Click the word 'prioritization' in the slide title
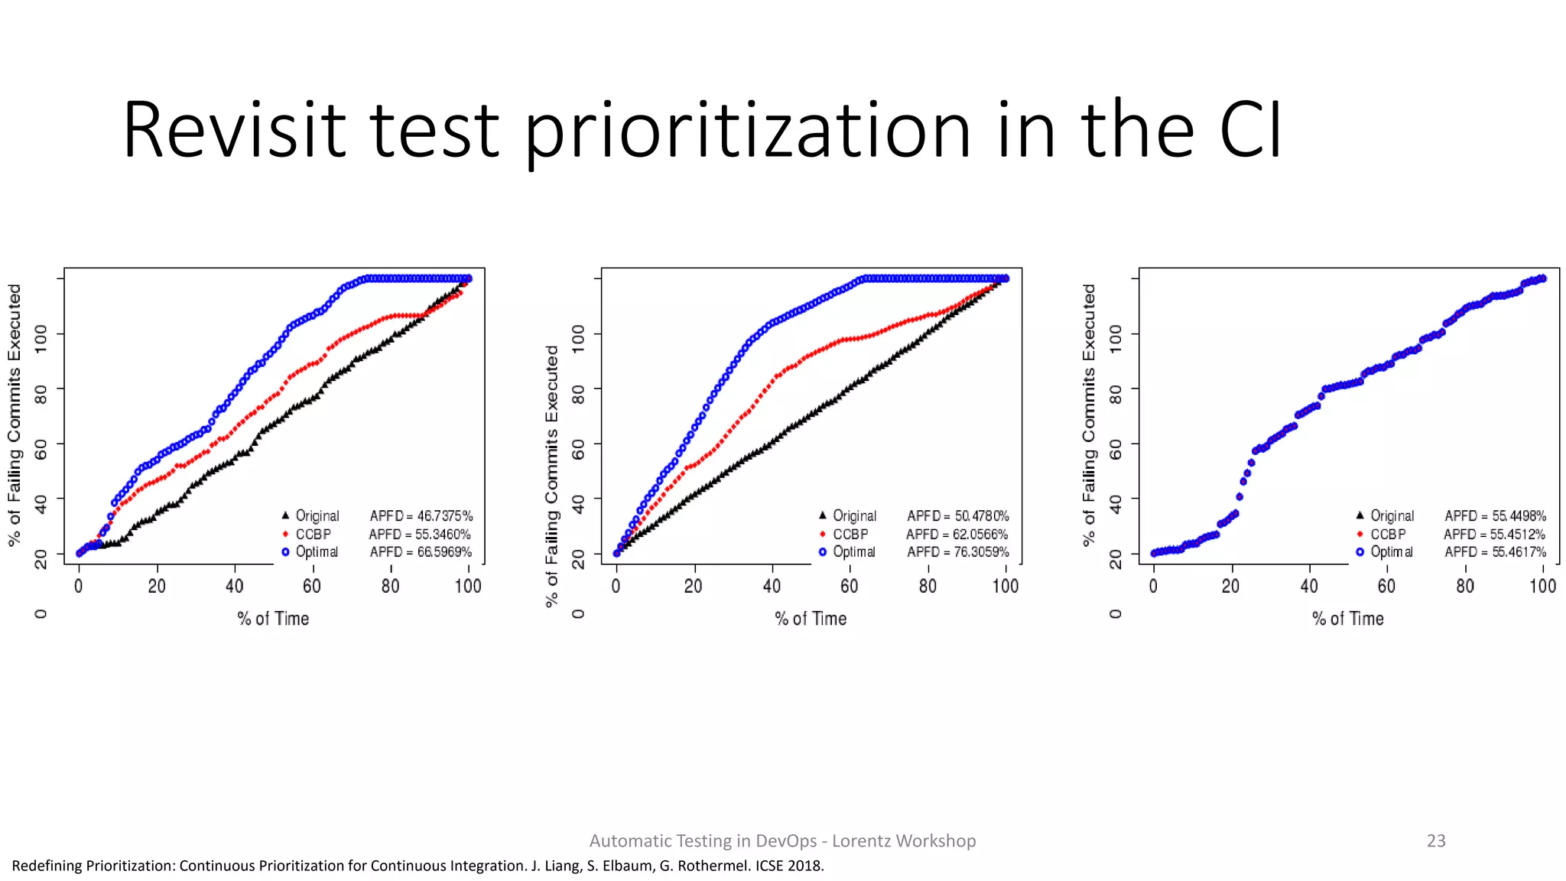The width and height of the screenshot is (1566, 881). tap(747, 132)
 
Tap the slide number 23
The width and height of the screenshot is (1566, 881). tap(1435, 840)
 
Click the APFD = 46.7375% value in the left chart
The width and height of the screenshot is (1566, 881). tap(421, 516)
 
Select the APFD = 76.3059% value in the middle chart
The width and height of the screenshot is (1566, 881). tap(958, 552)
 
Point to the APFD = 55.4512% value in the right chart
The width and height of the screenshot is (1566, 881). tap(1495, 535)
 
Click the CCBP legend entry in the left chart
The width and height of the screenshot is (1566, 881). tap(313, 535)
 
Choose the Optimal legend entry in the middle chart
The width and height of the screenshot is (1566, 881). tap(853, 552)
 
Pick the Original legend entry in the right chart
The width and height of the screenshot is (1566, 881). tap(1392, 516)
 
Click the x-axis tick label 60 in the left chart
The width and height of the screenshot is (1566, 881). tap(312, 587)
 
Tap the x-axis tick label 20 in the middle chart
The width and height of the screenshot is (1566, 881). tap(694, 587)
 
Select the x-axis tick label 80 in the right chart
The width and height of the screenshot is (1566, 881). tap(1464, 587)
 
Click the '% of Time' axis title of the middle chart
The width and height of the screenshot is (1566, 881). tap(811, 619)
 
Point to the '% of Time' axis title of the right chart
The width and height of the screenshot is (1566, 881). tap(1348, 619)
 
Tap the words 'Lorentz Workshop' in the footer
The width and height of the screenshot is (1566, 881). tap(903, 840)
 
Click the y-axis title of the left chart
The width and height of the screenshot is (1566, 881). tap(15, 415)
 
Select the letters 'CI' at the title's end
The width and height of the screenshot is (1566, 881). tap(1250, 132)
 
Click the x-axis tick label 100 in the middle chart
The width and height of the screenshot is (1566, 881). tap(1005, 587)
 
